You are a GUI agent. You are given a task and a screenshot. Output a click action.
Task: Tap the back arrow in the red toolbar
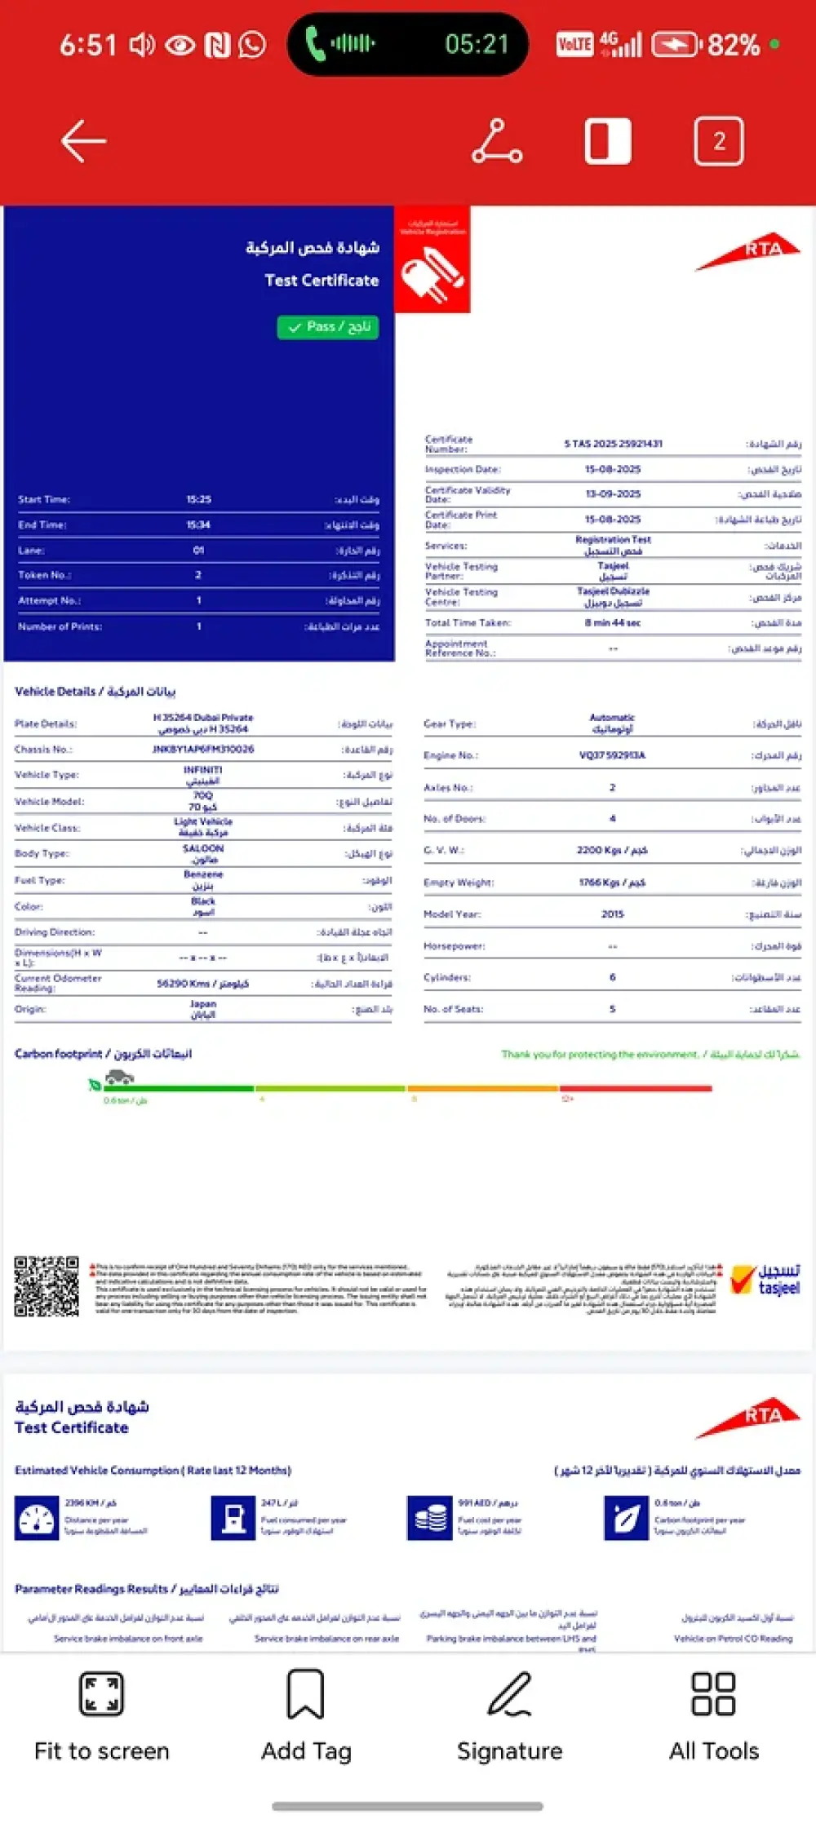[83, 141]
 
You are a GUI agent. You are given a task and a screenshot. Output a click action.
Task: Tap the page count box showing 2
[718, 141]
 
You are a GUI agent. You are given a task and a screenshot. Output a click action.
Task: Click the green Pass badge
[328, 327]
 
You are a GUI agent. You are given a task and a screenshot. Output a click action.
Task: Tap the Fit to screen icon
[101, 1695]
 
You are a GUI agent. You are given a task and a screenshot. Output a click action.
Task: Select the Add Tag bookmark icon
[305, 1695]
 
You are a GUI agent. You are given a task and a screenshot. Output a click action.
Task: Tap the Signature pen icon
[509, 1695]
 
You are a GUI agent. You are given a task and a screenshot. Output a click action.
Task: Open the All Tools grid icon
[713, 1695]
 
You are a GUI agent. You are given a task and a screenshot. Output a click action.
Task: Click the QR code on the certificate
[47, 1286]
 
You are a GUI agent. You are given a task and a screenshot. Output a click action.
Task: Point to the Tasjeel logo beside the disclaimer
[766, 1280]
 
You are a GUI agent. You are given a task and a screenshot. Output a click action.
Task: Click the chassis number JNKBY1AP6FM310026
[203, 749]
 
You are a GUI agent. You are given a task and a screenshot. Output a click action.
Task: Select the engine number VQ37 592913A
[612, 755]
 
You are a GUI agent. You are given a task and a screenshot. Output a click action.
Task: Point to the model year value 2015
[612, 914]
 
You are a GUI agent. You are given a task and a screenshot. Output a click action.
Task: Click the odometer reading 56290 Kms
[203, 984]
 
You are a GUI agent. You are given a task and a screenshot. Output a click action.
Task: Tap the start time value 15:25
[198, 499]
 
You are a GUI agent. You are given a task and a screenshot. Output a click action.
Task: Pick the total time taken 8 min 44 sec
[612, 623]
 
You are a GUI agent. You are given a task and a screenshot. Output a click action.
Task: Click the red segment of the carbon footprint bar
[636, 1088]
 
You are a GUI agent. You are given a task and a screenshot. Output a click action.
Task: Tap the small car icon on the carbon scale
[119, 1078]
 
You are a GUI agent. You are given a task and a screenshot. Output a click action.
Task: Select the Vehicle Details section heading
[95, 692]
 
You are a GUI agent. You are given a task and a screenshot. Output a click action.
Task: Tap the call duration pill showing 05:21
[407, 44]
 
